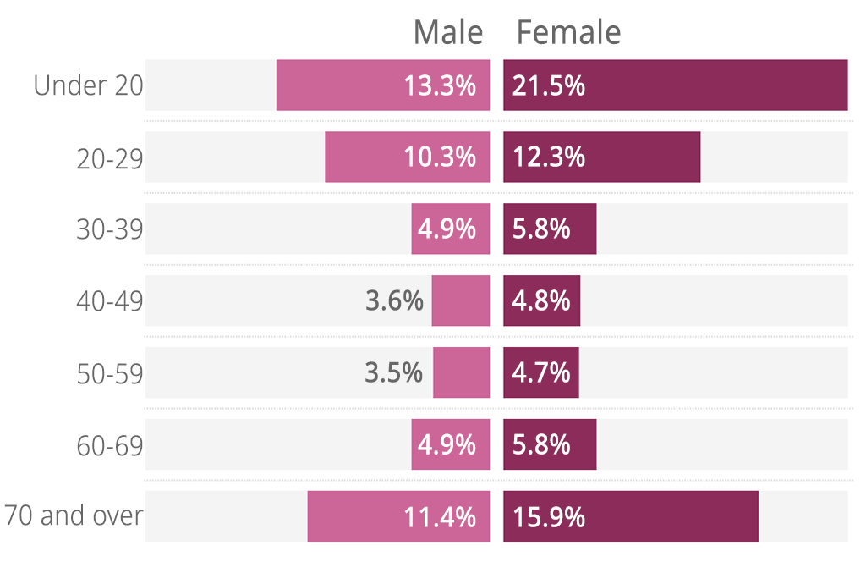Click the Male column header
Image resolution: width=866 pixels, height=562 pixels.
[x=447, y=33]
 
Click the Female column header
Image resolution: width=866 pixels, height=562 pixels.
[x=568, y=33]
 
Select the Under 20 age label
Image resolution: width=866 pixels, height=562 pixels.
[x=89, y=85]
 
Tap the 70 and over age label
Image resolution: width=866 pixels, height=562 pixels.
[x=74, y=516]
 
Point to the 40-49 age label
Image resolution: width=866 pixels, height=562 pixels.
[x=110, y=301]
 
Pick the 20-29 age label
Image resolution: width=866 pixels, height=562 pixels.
[x=110, y=157]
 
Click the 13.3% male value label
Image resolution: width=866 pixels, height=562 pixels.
[x=440, y=85]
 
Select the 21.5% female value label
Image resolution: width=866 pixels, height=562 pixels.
[x=549, y=85]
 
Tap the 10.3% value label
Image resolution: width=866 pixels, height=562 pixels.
[x=440, y=157]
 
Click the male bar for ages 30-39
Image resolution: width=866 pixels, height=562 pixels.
[x=450, y=229]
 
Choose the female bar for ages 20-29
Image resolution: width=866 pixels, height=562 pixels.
[x=601, y=157]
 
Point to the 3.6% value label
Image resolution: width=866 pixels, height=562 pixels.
[x=394, y=301]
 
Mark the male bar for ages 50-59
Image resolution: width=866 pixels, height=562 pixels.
[x=461, y=372]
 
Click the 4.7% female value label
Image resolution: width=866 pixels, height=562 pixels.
[x=541, y=372]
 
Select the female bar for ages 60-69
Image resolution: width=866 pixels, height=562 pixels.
[x=550, y=444]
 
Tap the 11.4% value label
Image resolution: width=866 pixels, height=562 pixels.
[x=440, y=516]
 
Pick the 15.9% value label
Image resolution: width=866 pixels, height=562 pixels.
[x=549, y=516]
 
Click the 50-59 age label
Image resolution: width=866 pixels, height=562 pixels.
[x=110, y=372]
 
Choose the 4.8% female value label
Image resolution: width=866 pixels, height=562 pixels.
[x=541, y=301]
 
